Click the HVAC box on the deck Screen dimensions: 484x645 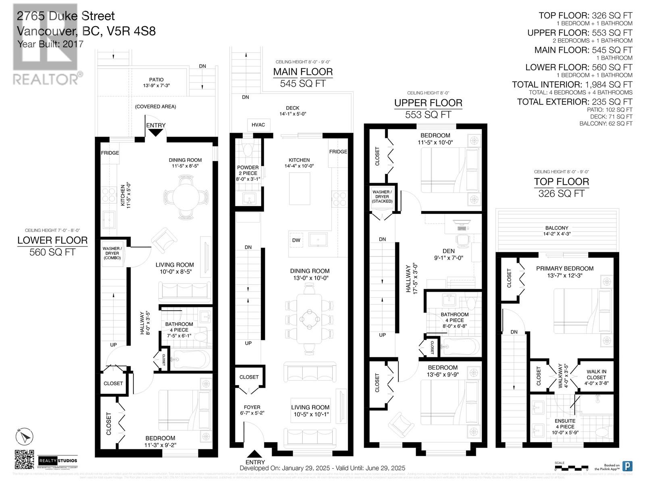[x=258, y=125]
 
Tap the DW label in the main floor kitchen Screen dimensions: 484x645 [x=296, y=240]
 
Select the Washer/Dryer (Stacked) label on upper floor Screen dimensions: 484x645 [x=382, y=197]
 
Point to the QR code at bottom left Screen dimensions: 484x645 [x=24, y=460]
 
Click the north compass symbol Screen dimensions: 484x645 [x=23, y=436]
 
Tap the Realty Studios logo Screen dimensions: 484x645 [x=58, y=461]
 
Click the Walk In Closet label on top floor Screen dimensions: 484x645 [x=596, y=375]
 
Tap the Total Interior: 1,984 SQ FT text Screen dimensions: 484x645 [x=572, y=85]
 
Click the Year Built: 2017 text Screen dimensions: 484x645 [x=50, y=44]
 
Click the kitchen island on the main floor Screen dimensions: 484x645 [x=300, y=189]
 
